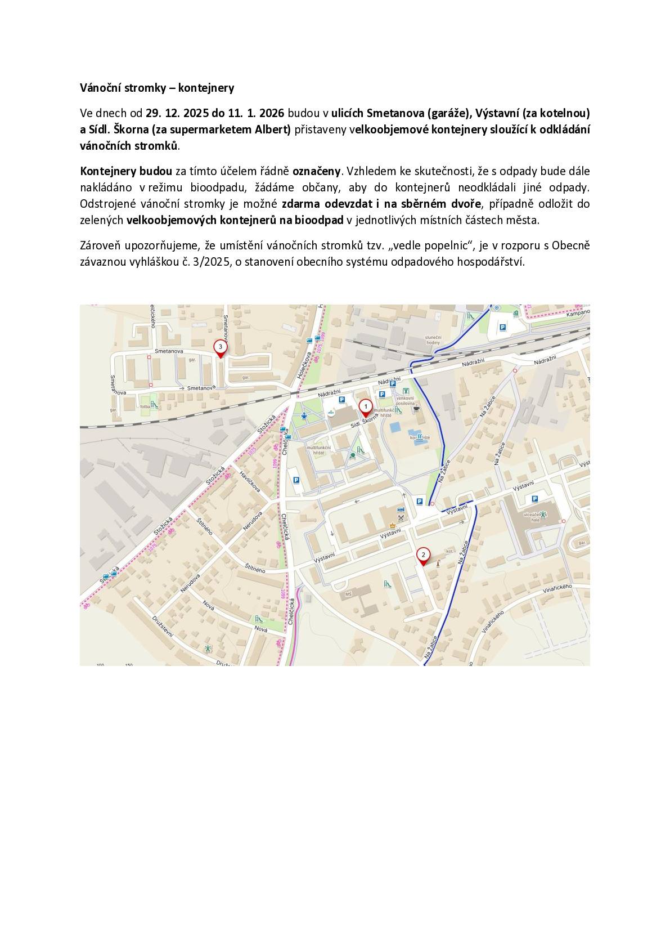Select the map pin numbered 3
pyautogui.click(x=220, y=348)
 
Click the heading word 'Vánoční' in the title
pyautogui.click(x=98, y=88)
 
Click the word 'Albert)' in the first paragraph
pyautogui.click(x=273, y=129)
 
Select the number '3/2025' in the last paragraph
pyautogui.click(x=217, y=261)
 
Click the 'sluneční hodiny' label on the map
pyautogui.click(x=434, y=339)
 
